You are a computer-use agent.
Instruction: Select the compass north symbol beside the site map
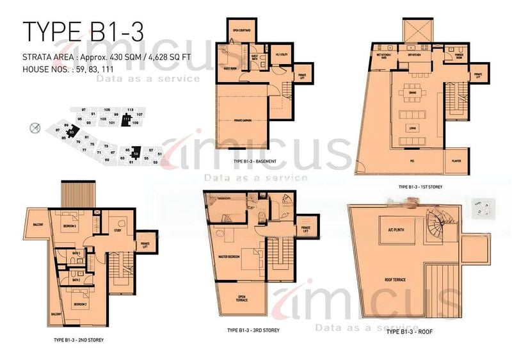[x=35, y=127]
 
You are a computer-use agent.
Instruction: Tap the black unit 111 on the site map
[x=126, y=119]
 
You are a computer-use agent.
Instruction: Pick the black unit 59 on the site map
[x=135, y=152]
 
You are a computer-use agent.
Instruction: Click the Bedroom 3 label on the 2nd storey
[x=69, y=226]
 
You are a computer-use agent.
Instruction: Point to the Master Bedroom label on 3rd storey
[x=230, y=256]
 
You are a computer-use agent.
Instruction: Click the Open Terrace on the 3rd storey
[x=241, y=299]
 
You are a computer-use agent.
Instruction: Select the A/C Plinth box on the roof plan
[x=389, y=229]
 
